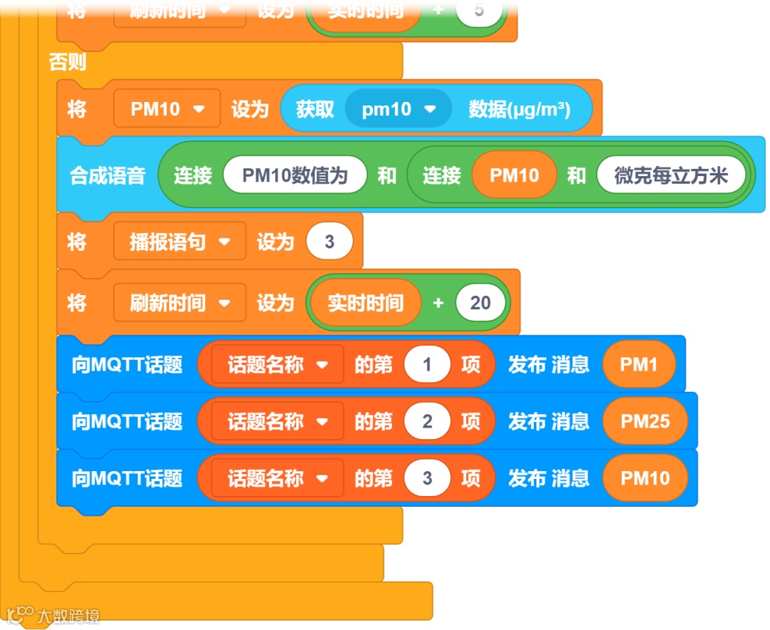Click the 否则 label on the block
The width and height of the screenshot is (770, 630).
click(x=67, y=62)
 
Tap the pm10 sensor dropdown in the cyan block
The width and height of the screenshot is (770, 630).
click(x=398, y=109)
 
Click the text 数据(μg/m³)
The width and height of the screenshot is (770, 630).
click(x=519, y=109)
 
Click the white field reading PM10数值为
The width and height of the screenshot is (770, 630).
click(x=294, y=175)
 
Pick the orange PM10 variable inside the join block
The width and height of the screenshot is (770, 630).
click(x=514, y=175)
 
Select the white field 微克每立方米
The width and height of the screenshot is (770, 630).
click(x=671, y=175)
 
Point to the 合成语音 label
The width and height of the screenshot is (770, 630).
click(x=108, y=175)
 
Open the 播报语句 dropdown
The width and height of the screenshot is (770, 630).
click(x=180, y=242)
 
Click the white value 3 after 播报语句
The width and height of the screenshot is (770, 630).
click(x=329, y=242)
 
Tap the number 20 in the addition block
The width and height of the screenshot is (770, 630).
click(x=480, y=303)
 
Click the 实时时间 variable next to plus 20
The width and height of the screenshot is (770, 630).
click(x=365, y=303)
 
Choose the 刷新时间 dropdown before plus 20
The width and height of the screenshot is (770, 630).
click(x=180, y=303)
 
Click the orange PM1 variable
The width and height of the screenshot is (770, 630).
click(x=638, y=365)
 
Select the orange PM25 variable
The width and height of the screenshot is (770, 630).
click(x=645, y=421)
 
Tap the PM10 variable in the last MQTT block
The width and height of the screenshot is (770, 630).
click(x=645, y=478)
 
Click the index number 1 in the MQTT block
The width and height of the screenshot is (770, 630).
click(x=427, y=365)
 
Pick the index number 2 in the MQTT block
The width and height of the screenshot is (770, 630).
click(x=427, y=421)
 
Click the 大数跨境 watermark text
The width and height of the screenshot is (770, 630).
click(x=68, y=616)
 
